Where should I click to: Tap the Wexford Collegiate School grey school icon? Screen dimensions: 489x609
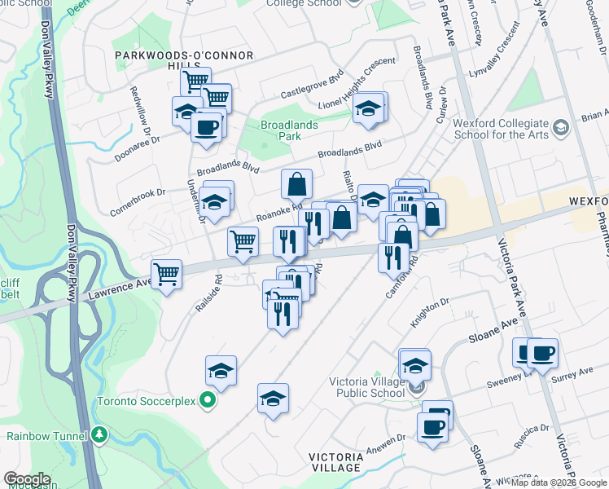point(560,127)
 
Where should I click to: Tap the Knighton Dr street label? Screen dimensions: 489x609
point(430,313)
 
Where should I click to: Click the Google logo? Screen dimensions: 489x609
point(27,479)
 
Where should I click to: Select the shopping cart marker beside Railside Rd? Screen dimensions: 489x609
point(166,275)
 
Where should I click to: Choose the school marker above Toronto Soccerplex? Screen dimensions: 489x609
point(221,372)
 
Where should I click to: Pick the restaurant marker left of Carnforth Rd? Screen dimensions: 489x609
point(393,258)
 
